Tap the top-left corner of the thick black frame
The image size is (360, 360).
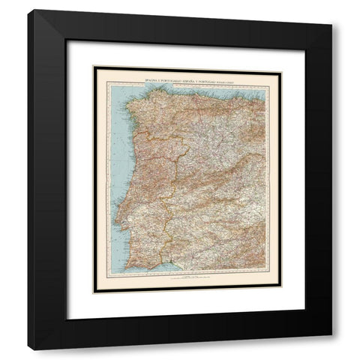pyautogui.click(x=28, y=10)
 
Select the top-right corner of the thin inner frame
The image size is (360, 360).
pyautogui.click(x=283, y=65)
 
